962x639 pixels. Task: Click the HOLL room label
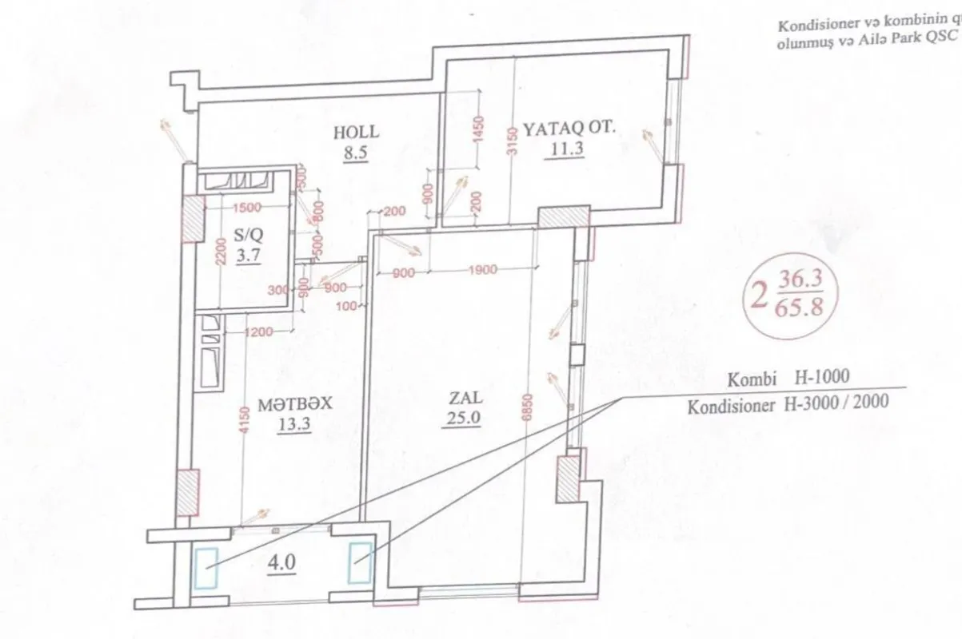[356, 133]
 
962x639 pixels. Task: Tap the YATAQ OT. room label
[569, 127]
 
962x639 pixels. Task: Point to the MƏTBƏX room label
[294, 405]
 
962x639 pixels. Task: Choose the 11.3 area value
[565, 148]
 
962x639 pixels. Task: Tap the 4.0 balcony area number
[283, 562]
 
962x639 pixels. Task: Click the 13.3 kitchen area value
[293, 424]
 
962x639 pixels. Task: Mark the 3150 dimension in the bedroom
[513, 140]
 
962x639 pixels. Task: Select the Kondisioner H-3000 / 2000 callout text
[787, 403]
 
